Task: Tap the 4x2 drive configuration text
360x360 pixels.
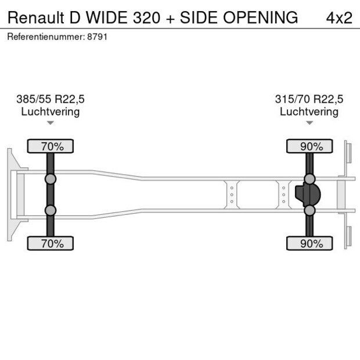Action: click(x=339, y=17)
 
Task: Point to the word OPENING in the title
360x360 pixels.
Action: click(x=261, y=17)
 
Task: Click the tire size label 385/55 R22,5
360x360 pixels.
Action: click(x=51, y=99)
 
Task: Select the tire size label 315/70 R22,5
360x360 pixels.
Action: click(x=309, y=99)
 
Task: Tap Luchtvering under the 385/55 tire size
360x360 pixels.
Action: click(x=51, y=111)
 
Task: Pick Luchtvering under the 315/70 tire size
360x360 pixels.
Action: click(x=309, y=111)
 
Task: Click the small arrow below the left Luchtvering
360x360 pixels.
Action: click(x=51, y=123)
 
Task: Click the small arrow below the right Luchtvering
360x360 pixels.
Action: click(x=309, y=123)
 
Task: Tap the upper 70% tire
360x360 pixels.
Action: click(x=51, y=146)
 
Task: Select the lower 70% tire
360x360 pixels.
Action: click(x=51, y=243)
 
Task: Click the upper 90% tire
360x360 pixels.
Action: click(x=310, y=146)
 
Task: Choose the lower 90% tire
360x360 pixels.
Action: click(x=310, y=243)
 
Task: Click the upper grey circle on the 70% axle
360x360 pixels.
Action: click(x=51, y=179)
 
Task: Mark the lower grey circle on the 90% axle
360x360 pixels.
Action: click(x=310, y=211)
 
